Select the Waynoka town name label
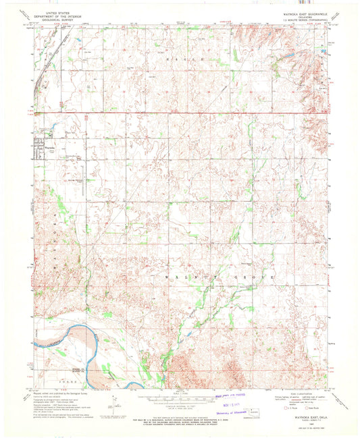[x=49, y=146]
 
